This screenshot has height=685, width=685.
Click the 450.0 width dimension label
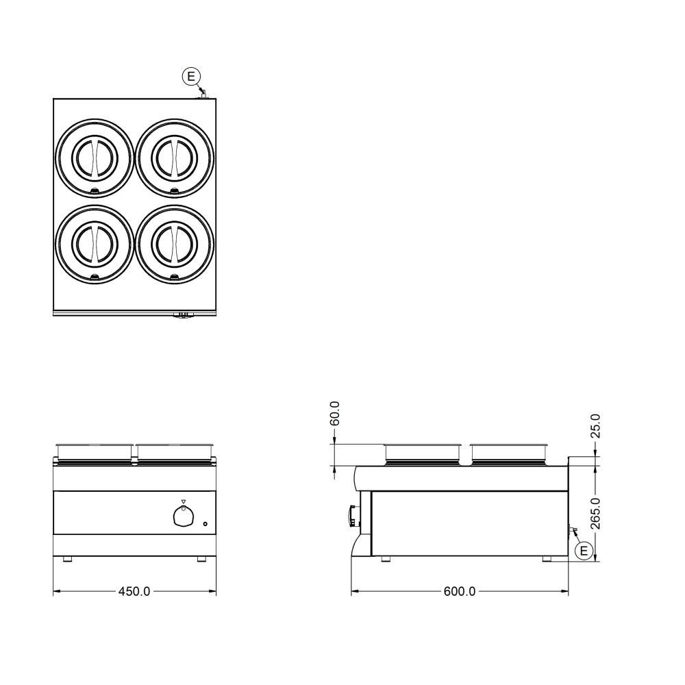point(134,591)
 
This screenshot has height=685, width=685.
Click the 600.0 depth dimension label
point(459,591)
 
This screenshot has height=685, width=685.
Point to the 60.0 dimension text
point(335,414)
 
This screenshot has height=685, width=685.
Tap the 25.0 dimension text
point(595,425)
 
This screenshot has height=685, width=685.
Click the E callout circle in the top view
point(190,76)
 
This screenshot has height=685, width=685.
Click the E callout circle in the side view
point(584,550)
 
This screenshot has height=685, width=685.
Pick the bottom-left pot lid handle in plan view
point(93,244)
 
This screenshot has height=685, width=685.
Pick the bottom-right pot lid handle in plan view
point(175,244)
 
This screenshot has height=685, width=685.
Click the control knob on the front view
point(183,518)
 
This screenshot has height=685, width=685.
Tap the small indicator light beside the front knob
point(206,525)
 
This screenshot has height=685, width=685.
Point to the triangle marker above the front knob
point(183,502)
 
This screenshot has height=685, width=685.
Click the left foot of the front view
point(67,559)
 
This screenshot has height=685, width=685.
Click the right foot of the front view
point(201,559)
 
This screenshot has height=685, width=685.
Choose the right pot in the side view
point(509,452)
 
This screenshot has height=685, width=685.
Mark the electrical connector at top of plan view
point(203,94)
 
